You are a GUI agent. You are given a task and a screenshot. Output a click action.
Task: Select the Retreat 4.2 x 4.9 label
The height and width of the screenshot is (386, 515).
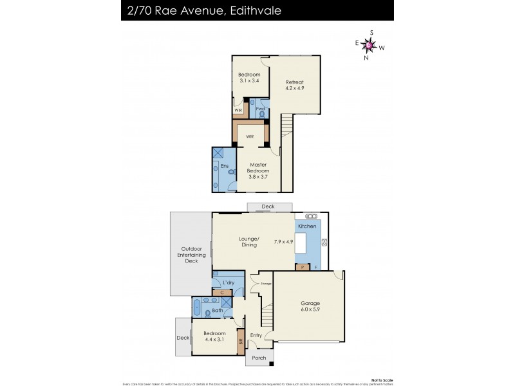click(295, 86)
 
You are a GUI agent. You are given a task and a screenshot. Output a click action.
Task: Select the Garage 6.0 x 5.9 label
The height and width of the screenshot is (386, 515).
click(311, 307)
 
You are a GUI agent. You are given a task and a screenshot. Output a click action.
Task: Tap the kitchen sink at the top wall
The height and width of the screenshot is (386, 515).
click(311, 216)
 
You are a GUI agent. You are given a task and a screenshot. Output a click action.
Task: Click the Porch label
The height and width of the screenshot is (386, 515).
click(259, 358)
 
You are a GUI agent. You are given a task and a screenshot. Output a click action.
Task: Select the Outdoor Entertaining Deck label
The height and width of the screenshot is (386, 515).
click(192, 255)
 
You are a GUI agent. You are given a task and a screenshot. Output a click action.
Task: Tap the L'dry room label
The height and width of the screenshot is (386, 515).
click(229, 282)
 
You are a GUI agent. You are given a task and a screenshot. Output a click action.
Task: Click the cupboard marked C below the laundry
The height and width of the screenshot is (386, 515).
click(221, 293)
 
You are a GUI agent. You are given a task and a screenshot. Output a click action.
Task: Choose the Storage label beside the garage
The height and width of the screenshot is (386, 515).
click(266, 284)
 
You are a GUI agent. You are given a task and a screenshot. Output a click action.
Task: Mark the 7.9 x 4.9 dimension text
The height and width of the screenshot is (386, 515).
click(283, 242)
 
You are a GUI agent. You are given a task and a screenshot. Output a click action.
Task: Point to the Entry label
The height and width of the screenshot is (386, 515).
click(256, 335)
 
